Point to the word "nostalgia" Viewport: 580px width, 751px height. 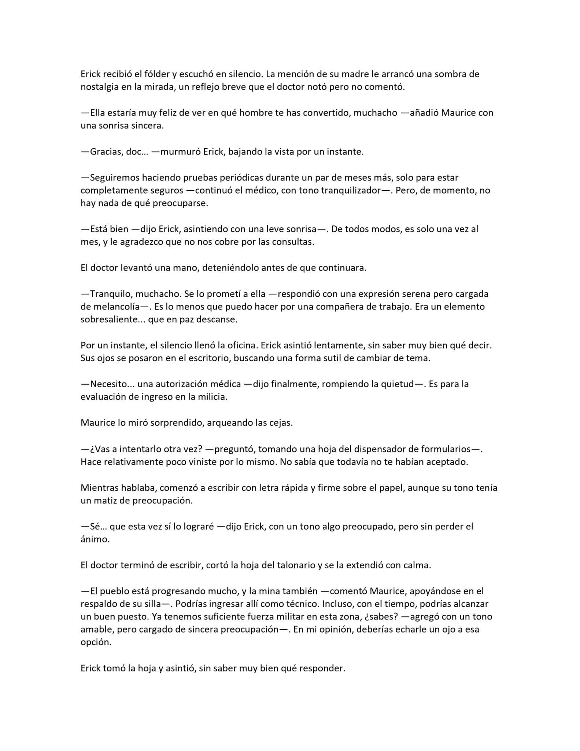[101, 87]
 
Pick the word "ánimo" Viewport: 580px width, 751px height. [95, 539]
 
